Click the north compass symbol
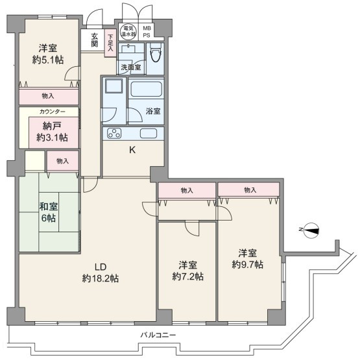point(311,230)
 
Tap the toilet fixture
point(156,53)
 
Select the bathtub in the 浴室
point(146,89)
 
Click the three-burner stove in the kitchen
point(114,133)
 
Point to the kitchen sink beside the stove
point(149,134)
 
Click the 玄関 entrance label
point(95,40)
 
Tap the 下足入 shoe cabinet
point(110,43)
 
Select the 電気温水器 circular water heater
point(128,31)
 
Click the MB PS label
point(147,32)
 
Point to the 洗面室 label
point(131,67)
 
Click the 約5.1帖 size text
point(48,60)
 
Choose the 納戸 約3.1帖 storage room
point(54,132)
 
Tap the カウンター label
point(52,112)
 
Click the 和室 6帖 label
point(49,212)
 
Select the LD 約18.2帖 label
point(101,272)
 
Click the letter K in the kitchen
point(132,150)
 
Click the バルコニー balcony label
point(158,335)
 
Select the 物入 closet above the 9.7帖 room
point(249,189)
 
